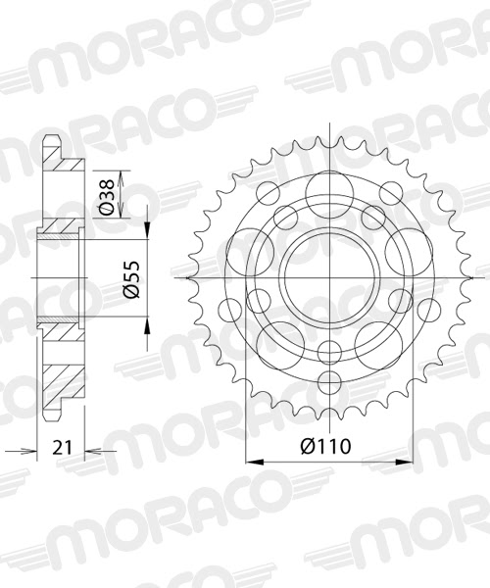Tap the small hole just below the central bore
pos(332,350)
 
